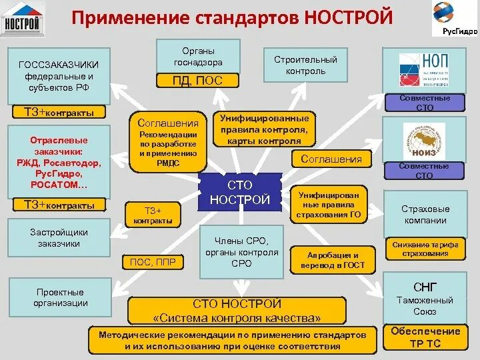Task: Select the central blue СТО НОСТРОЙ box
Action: click(x=240, y=193)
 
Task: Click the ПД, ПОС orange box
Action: click(x=198, y=81)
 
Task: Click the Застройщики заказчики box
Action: click(x=59, y=239)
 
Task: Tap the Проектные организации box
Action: click(x=59, y=297)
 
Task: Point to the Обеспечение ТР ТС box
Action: click(x=425, y=337)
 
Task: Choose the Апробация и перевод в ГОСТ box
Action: click(x=333, y=260)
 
